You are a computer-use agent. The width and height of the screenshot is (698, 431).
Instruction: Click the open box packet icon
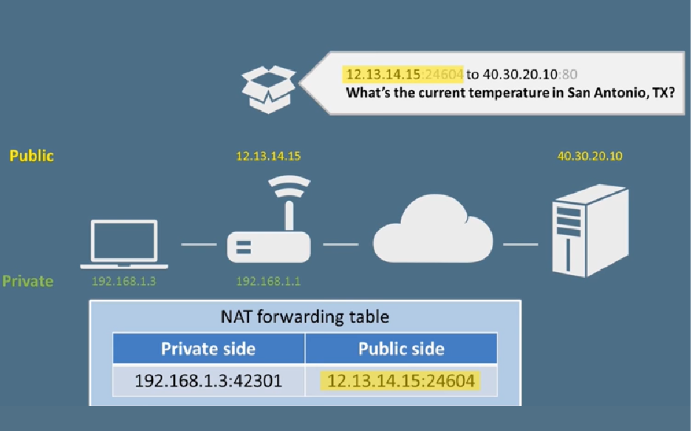[x=268, y=89]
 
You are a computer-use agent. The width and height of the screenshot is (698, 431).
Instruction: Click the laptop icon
[x=124, y=244]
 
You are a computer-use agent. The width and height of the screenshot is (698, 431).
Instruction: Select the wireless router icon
[x=269, y=220]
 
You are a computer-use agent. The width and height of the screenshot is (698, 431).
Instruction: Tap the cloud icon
[x=433, y=229]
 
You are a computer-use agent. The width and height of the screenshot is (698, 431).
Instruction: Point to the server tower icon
[x=590, y=231]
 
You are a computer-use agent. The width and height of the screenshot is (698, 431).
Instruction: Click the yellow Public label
[x=32, y=155]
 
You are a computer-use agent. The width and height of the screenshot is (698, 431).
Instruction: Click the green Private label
[x=27, y=281]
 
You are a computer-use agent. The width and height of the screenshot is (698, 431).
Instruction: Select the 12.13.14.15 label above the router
[x=268, y=156]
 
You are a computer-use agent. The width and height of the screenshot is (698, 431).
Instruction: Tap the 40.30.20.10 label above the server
[x=590, y=156]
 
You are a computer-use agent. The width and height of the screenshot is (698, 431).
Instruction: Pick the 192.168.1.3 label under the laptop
[x=124, y=281]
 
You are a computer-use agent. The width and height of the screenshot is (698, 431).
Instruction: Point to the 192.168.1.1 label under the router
[x=268, y=281]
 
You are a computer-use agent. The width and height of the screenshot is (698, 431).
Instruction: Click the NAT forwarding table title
[x=305, y=317]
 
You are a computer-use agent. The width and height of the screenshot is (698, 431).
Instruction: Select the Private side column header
[x=208, y=348]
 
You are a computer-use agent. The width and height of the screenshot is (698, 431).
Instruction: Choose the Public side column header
[x=401, y=348]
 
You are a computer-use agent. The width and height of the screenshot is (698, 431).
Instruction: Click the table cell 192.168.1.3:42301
[x=208, y=381]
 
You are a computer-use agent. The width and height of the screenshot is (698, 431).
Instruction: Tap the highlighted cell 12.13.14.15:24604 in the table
[x=400, y=381]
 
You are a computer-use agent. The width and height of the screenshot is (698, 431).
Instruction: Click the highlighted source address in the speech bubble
[x=403, y=75]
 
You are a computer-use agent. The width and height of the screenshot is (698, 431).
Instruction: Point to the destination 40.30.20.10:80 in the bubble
[x=530, y=75]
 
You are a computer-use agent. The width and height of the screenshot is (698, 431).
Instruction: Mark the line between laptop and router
[x=199, y=244]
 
